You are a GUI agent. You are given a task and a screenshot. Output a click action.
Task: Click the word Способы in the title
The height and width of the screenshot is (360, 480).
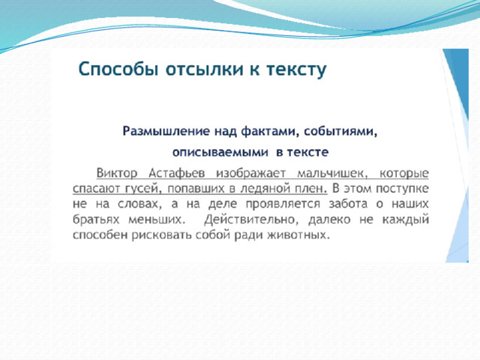(x=118, y=70)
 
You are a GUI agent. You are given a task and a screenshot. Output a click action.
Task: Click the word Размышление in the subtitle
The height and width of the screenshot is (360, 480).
(x=166, y=131)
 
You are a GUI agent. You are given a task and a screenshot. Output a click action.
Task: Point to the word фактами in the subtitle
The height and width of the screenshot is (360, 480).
(x=268, y=131)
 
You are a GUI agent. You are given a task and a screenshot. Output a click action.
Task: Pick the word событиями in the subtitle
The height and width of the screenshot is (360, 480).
(x=340, y=132)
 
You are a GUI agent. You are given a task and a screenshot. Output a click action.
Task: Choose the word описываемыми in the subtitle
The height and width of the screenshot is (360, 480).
(x=220, y=152)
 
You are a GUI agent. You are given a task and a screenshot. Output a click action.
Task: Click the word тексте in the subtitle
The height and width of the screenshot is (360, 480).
(x=307, y=152)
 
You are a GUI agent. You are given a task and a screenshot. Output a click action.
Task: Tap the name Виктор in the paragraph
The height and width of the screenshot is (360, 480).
(x=117, y=173)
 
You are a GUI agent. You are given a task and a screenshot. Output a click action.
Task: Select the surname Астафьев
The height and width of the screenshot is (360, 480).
(x=177, y=173)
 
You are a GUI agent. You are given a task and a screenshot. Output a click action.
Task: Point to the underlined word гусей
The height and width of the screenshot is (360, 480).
(x=143, y=189)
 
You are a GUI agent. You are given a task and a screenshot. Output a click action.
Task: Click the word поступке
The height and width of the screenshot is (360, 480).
(x=402, y=189)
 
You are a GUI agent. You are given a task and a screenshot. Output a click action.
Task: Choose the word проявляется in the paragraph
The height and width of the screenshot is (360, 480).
(x=283, y=204)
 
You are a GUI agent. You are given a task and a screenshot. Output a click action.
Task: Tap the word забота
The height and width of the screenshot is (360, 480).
(x=348, y=204)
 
